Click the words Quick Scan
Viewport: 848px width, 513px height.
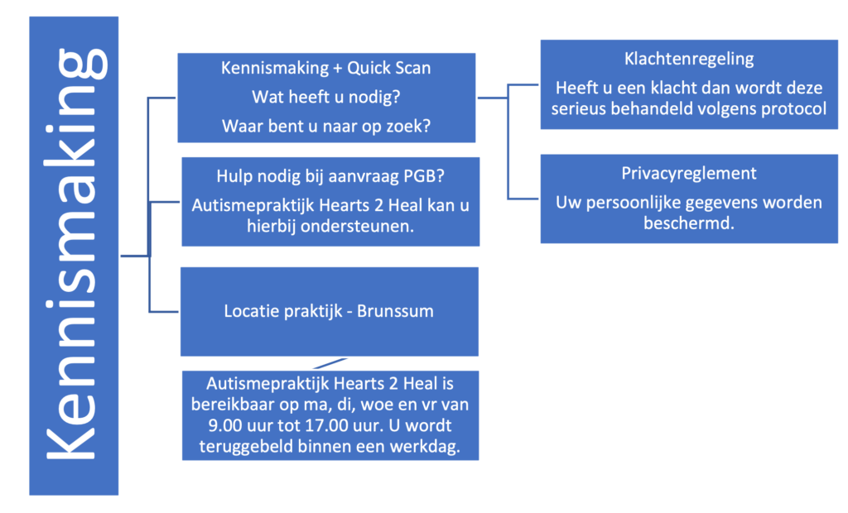(389, 68)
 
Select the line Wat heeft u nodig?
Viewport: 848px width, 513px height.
(326, 98)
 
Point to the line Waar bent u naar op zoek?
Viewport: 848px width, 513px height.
(326, 127)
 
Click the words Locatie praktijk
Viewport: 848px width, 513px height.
(283, 312)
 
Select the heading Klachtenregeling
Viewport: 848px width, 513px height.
(689, 59)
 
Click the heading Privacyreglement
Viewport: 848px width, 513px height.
(689, 174)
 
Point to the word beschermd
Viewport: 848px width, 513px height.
(689, 223)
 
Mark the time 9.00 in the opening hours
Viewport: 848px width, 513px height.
(225, 425)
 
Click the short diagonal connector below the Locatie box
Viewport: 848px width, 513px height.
(330, 363)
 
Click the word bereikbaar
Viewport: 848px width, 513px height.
(233, 405)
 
